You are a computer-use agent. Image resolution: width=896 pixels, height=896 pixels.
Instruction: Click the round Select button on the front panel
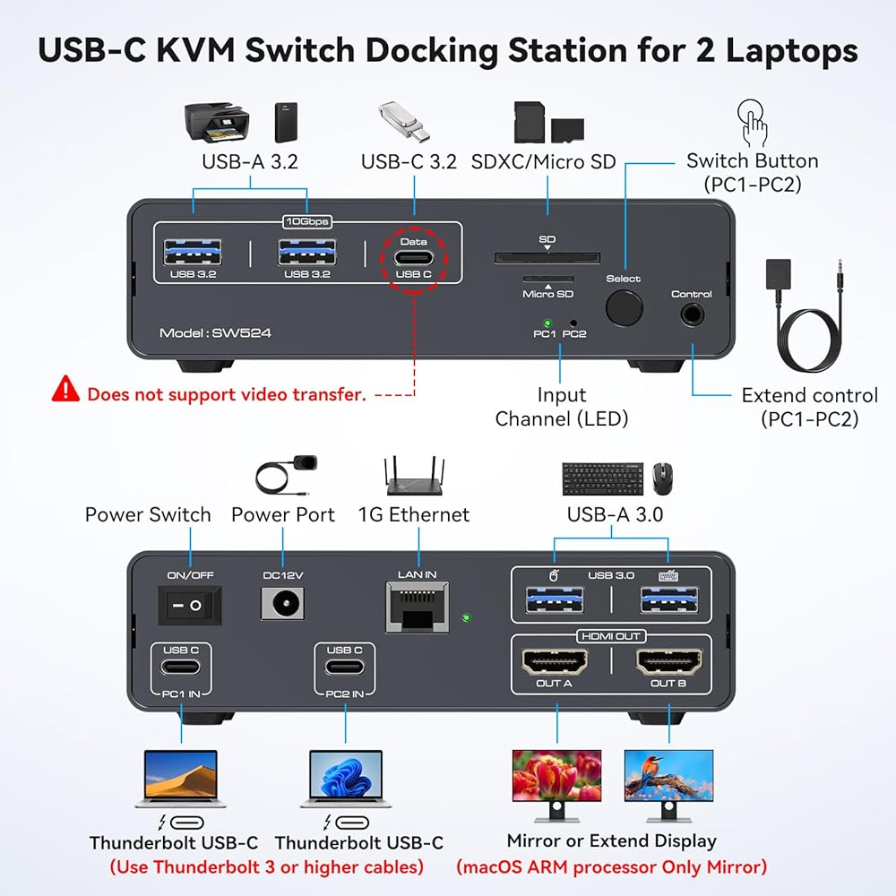[x=624, y=307]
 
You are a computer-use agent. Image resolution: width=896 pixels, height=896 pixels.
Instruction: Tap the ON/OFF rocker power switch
[x=190, y=605]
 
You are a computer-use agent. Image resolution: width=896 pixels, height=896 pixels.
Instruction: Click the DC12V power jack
[x=282, y=603]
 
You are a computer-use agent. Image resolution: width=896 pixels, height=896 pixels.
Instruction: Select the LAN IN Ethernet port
[x=418, y=607]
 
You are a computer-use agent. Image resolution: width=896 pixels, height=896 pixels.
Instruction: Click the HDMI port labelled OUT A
[x=555, y=662]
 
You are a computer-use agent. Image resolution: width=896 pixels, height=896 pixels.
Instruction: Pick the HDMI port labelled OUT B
[x=668, y=662]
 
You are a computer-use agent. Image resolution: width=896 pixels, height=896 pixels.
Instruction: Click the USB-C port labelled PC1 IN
[x=181, y=667]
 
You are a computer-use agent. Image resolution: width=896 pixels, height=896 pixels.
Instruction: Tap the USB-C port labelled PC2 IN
[x=345, y=667]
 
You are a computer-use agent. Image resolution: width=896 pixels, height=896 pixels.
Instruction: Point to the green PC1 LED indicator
[x=547, y=323]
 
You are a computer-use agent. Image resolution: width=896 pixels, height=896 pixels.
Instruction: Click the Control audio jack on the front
[x=692, y=314]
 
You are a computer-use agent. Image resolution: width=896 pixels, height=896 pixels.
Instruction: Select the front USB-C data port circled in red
[x=414, y=258]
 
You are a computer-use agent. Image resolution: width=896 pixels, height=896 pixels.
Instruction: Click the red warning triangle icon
[x=65, y=389]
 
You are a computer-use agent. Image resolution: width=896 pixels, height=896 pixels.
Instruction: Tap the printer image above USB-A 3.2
[x=217, y=122]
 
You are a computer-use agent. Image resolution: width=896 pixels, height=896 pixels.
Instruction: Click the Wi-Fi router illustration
[x=414, y=476]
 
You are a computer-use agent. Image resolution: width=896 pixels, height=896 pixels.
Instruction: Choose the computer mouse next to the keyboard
[x=662, y=478]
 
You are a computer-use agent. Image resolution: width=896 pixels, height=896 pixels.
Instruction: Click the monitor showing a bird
[x=668, y=786]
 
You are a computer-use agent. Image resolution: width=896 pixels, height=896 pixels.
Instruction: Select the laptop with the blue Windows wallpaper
[x=346, y=779]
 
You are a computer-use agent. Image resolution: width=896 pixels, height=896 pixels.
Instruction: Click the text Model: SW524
[x=215, y=333]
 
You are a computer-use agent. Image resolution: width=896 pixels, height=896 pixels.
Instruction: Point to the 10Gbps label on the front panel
[x=307, y=221]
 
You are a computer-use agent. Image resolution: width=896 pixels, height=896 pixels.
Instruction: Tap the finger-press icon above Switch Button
[x=753, y=123]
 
